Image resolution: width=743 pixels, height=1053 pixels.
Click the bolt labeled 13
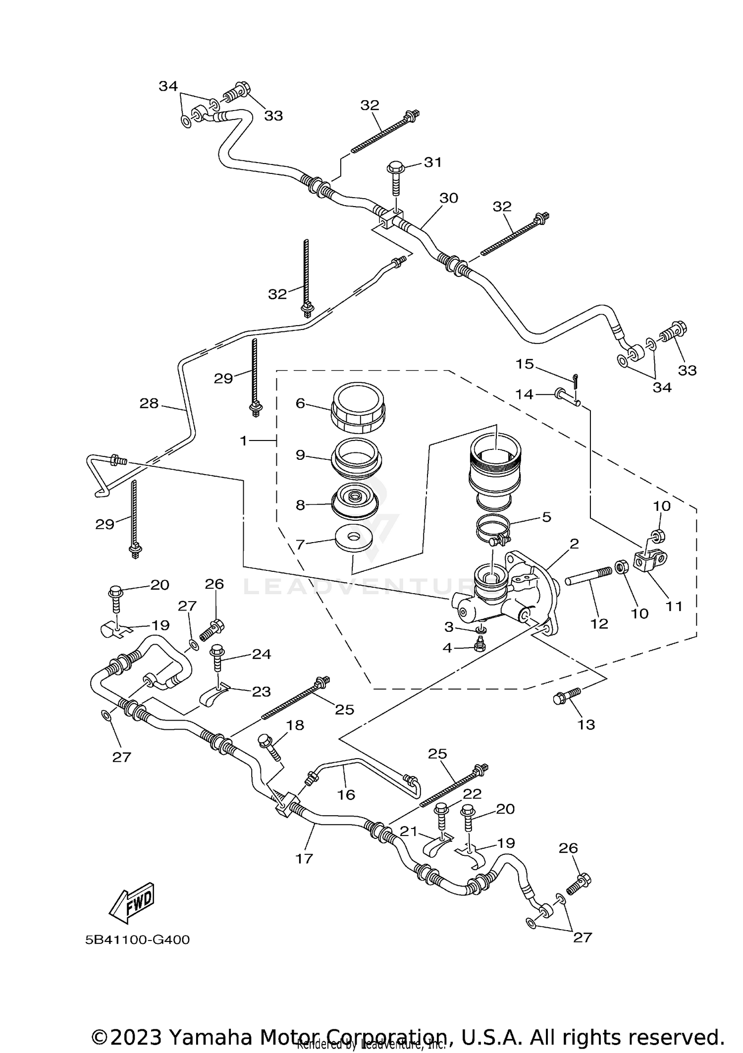click(566, 695)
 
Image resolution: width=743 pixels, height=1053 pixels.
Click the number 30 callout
click(449, 198)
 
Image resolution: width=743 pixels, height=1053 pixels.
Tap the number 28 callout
click(149, 403)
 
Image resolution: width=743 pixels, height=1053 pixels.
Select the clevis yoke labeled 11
click(650, 562)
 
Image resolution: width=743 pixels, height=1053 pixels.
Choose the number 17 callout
click(304, 858)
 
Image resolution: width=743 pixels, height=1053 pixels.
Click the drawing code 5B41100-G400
click(137, 940)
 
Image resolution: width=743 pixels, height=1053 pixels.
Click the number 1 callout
click(243, 441)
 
